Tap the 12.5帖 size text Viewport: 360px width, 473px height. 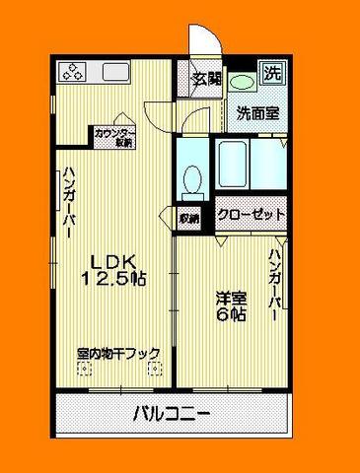[115, 279]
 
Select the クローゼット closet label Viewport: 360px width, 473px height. [252, 214]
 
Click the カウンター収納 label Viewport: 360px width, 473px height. [114, 137]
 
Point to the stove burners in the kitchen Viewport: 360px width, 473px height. [75, 71]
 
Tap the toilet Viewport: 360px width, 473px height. [192, 179]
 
